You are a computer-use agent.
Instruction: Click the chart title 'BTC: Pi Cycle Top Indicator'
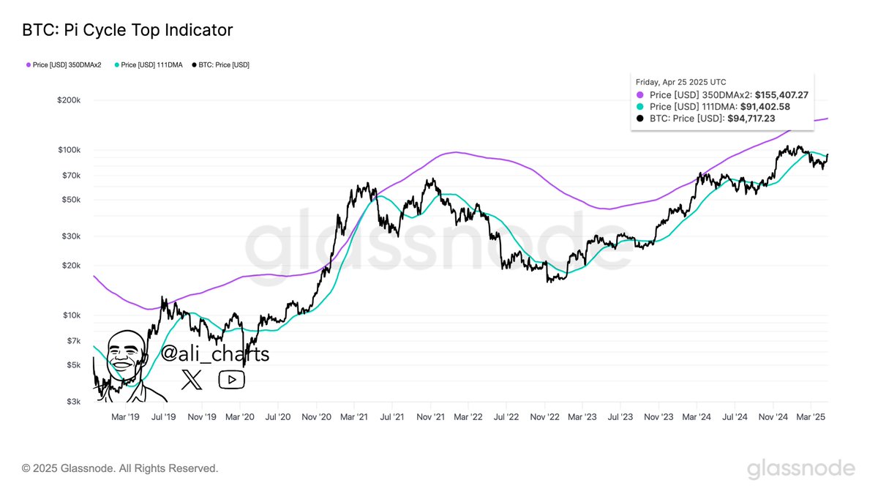(x=127, y=30)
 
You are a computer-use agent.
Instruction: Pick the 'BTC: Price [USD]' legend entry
(x=220, y=65)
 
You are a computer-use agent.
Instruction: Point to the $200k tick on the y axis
(x=68, y=100)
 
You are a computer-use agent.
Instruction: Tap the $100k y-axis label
(x=68, y=150)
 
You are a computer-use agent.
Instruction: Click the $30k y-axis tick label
(x=70, y=236)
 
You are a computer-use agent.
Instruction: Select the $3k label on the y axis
(x=72, y=402)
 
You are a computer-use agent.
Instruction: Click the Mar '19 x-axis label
(x=125, y=417)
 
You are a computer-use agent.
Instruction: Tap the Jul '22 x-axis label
(x=506, y=417)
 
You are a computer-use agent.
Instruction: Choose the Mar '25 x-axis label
(x=810, y=417)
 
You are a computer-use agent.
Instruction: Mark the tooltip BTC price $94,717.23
(x=762, y=119)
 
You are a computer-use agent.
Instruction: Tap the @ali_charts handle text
(x=214, y=355)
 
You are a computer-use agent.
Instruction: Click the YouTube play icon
(x=231, y=379)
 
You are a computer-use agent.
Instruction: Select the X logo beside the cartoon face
(x=192, y=379)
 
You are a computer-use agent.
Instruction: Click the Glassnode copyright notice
(x=120, y=468)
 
